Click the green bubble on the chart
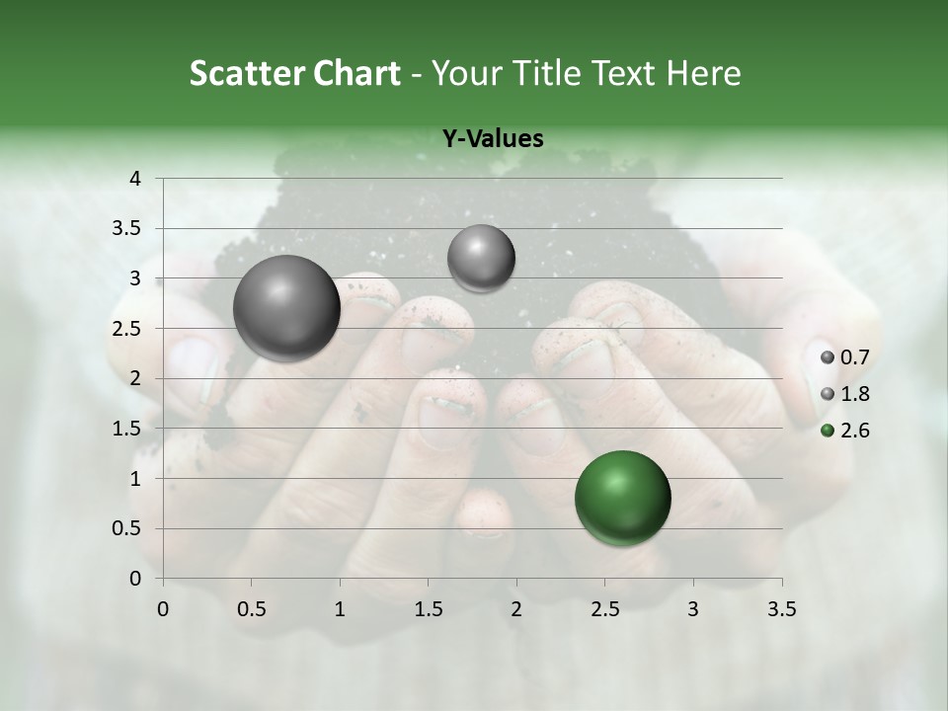pos(622,498)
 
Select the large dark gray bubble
pos(286,308)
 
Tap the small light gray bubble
pos(481,259)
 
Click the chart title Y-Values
pos(492,139)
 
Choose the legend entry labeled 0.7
pos(846,357)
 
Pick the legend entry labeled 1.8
pos(846,394)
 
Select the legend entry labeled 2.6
pos(846,431)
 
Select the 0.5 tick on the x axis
pos(251,609)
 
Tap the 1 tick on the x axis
pos(340,609)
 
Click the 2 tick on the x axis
pos(516,609)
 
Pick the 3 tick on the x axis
pos(693,609)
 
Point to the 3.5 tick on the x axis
pos(781,609)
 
